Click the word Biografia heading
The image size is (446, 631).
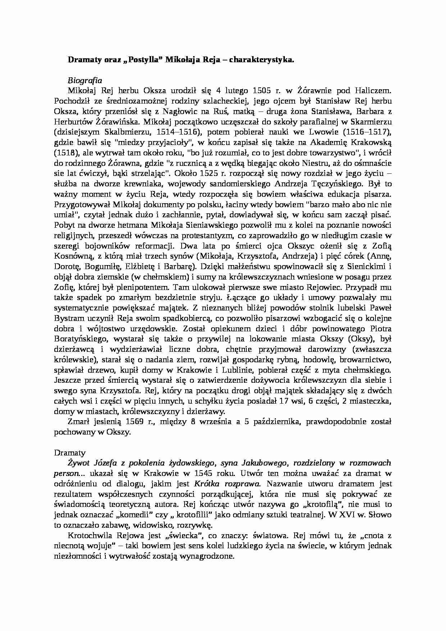[x=85, y=80]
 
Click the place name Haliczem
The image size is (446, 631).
[x=373, y=90]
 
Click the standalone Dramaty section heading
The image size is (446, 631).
[x=70, y=453]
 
